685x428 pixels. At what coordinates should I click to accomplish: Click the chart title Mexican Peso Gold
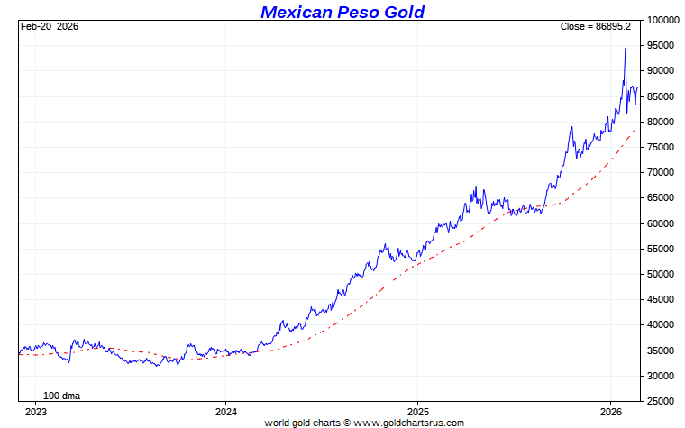coord(342,12)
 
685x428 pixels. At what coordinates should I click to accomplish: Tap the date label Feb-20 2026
coord(49,26)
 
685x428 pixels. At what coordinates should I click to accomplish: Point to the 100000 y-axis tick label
coord(662,20)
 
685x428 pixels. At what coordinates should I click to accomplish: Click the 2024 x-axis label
coord(225,411)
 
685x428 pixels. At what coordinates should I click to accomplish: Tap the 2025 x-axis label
coord(417,411)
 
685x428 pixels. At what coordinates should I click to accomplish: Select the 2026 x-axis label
coord(610,411)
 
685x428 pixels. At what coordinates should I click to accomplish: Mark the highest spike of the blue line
coord(626,49)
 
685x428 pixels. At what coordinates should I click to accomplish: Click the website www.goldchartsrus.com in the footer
coord(410,423)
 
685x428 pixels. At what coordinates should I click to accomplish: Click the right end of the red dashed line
coord(635,130)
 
